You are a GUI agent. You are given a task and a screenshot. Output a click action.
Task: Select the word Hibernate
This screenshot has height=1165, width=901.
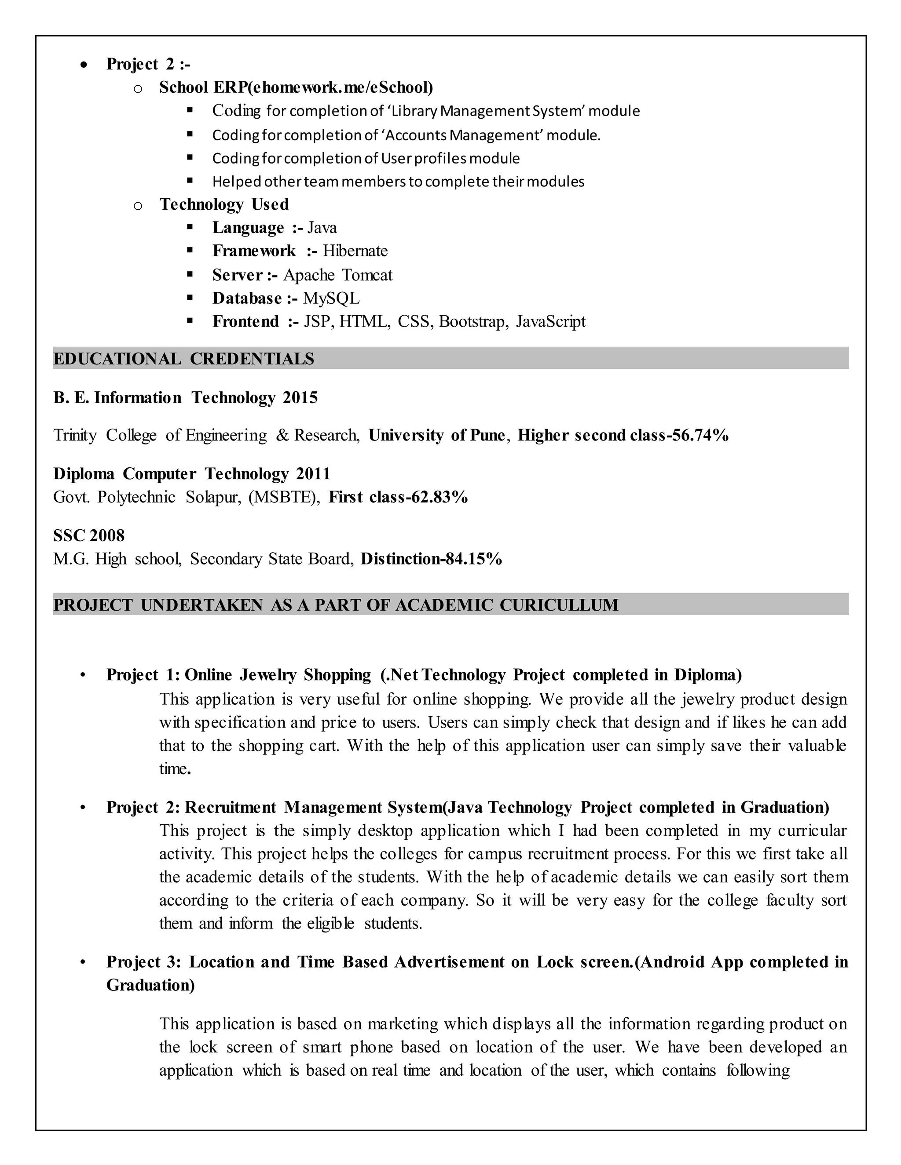355,251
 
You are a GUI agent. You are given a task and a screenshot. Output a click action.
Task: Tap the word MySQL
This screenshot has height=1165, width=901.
331,298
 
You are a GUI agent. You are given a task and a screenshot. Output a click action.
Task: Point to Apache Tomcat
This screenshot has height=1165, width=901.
337,275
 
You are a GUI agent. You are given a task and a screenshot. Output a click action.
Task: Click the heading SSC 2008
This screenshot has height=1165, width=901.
88,535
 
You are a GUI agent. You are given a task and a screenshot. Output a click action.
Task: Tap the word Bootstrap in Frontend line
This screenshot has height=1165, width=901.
472,322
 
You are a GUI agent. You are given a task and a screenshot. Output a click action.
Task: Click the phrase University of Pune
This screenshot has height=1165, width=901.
436,435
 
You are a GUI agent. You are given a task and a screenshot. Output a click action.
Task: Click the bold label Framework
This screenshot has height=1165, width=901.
253,251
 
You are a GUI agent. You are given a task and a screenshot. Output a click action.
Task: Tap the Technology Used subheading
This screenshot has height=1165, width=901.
224,204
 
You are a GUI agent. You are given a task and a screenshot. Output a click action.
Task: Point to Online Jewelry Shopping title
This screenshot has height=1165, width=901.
278,675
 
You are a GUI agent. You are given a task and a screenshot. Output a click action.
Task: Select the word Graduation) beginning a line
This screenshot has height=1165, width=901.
150,985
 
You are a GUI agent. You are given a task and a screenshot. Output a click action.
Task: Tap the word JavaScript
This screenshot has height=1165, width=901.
550,322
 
